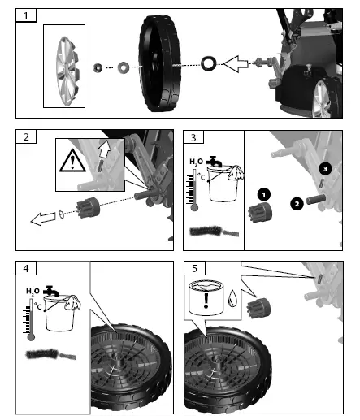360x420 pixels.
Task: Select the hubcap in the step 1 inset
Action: pyautogui.click(x=65, y=65)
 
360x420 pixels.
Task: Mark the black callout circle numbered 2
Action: pyautogui.click(x=297, y=203)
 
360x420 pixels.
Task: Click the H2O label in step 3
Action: pyautogui.click(x=196, y=162)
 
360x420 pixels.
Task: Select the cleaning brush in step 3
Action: pyautogui.click(x=210, y=232)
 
